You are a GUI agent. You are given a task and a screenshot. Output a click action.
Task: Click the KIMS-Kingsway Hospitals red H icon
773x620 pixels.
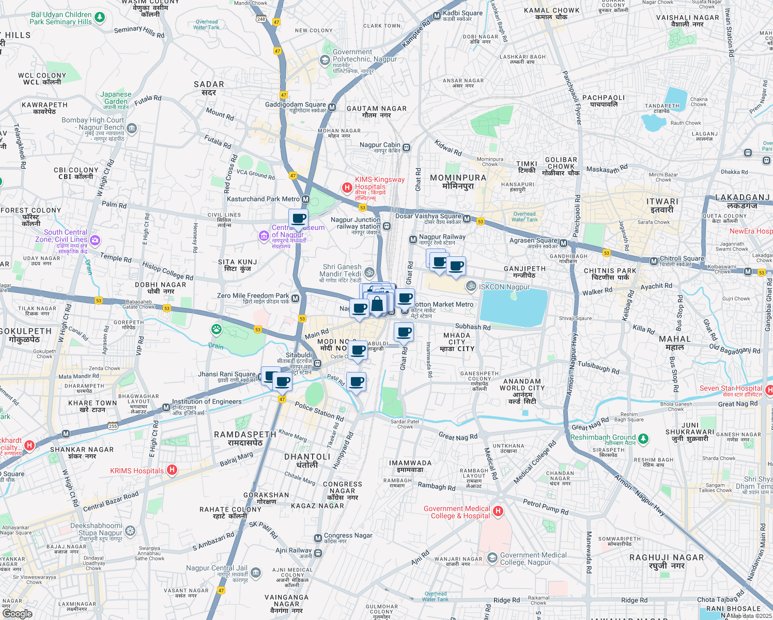point(347,188)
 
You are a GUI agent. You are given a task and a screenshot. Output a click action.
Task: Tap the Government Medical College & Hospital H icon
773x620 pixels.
point(498,511)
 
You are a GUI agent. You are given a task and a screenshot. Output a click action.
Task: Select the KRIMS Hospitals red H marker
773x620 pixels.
point(172,470)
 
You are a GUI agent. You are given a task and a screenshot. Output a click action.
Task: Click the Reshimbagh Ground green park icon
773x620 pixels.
point(643,439)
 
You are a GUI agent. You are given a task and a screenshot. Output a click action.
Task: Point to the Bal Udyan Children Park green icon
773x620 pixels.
point(100,18)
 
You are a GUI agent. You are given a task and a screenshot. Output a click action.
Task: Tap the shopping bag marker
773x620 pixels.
point(377,304)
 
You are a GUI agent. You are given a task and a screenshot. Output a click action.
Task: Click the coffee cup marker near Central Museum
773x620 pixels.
point(298,219)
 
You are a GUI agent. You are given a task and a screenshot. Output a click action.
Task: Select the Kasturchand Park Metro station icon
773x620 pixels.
point(306,199)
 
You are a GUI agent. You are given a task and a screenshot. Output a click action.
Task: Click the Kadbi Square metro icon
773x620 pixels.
point(437,16)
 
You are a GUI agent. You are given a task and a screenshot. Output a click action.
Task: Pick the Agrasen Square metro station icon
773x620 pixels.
point(563,243)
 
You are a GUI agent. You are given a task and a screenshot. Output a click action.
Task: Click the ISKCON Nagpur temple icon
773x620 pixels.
point(471,286)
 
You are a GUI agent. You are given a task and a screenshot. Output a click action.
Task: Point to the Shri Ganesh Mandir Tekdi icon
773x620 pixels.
point(369,272)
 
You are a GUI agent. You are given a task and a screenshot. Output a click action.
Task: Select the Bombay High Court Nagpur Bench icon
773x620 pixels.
point(132,128)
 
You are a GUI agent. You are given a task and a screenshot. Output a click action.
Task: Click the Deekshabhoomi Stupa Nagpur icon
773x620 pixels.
point(130,531)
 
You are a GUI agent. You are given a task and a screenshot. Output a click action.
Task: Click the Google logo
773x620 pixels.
point(18,613)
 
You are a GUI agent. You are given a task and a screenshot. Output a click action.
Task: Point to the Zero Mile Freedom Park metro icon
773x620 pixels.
point(295,298)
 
